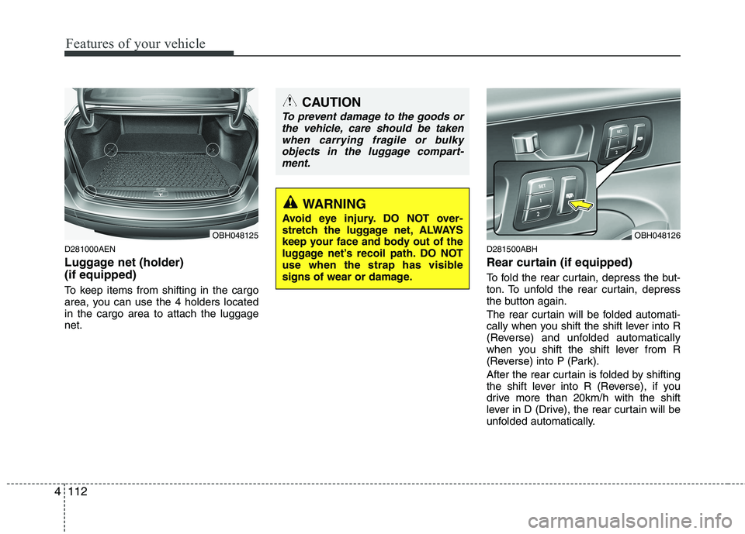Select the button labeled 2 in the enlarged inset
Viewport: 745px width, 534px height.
(536, 214)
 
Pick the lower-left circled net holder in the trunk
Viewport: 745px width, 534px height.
(91, 189)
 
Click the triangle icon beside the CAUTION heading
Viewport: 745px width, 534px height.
(289, 101)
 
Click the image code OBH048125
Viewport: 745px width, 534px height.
(234, 234)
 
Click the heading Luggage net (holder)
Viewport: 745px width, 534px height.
(124, 262)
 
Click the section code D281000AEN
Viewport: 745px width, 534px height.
(89, 249)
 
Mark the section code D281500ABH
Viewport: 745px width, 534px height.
(511, 249)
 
